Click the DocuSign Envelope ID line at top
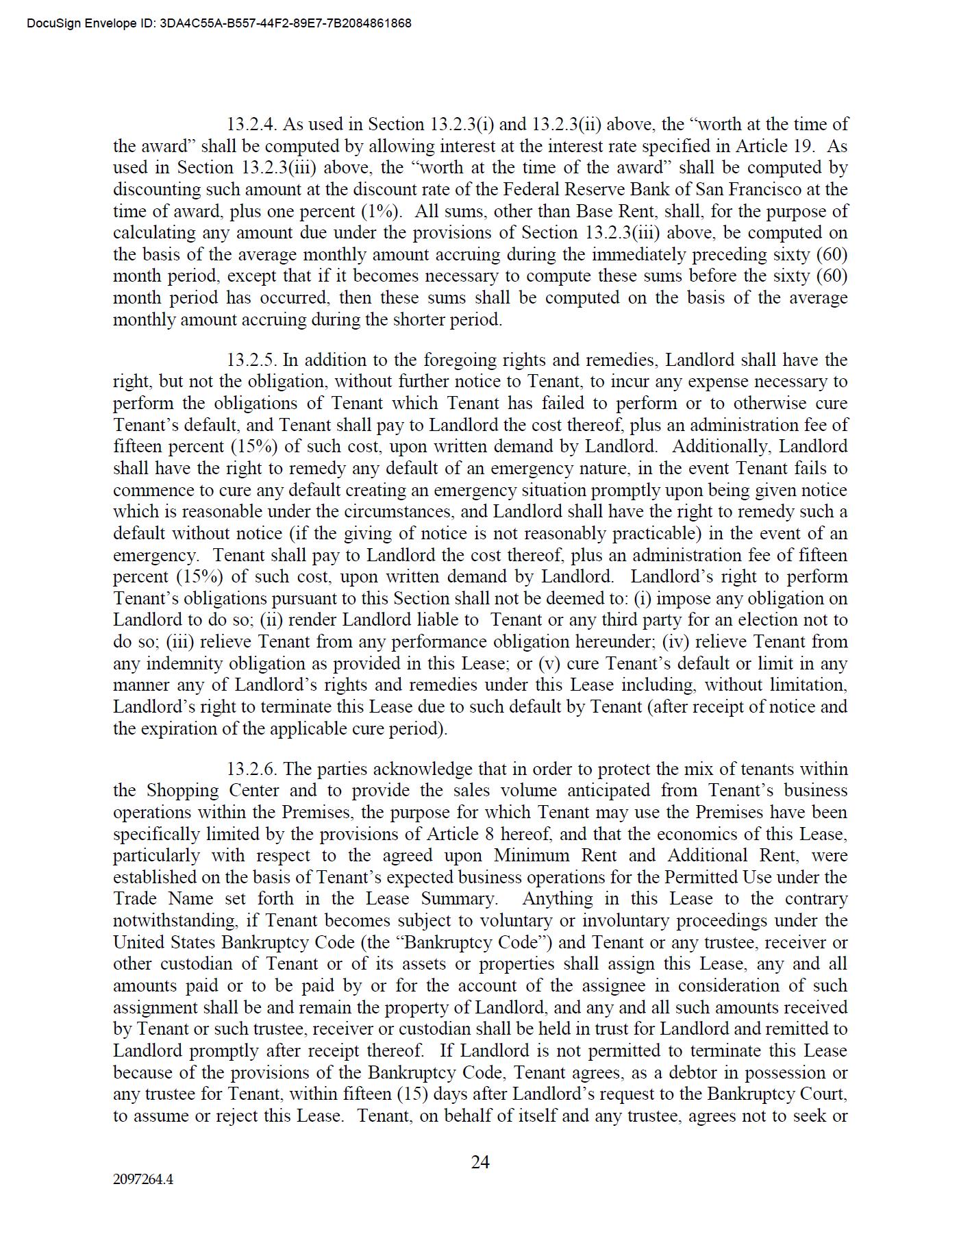219,23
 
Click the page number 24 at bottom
480,1161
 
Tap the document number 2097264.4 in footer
143,1179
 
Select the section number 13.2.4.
251,125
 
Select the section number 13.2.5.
251,360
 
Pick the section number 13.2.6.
251,770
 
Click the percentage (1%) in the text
380,212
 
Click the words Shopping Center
212,791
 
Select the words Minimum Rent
555,856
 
